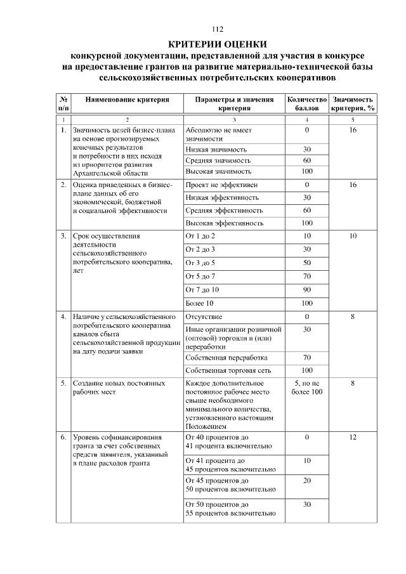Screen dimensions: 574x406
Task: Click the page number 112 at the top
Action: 218,29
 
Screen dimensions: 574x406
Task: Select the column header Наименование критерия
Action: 127,100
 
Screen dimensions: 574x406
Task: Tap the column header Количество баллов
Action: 307,103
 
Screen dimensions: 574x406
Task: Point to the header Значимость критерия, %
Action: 353,103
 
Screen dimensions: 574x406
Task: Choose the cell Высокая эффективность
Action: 224,223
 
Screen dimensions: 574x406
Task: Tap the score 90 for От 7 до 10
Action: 307,290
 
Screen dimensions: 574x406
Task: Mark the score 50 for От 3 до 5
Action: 307,263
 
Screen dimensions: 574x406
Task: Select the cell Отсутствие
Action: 204,316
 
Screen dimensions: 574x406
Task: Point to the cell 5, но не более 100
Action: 307,388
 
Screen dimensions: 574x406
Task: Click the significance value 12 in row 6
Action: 353,438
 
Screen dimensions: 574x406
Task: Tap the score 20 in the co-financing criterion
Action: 307,481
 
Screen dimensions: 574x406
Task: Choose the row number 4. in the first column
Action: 63,316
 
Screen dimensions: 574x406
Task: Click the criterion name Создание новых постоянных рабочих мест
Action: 119,388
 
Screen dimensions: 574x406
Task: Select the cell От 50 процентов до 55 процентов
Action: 230,509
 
